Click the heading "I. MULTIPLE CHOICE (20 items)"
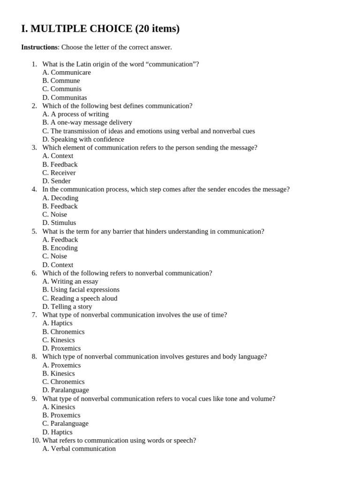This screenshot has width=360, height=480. (100, 29)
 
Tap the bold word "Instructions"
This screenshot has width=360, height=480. (39, 47)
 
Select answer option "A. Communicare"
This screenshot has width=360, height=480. (67, 73)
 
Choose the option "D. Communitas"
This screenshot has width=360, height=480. (65, 97)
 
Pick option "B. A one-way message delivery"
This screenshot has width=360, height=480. (87, 123)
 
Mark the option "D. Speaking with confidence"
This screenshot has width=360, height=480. (83, 139)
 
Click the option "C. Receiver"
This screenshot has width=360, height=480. (59, 173)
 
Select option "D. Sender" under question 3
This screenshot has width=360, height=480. (56, 181)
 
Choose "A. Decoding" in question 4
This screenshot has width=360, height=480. (60, 198)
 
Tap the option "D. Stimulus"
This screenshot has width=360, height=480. (59, 223)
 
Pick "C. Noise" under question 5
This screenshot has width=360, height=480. (54, 256)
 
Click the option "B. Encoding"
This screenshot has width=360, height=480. (60, 248)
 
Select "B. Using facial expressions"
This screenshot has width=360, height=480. (81, 290)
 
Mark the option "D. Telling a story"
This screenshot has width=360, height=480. (67, 307)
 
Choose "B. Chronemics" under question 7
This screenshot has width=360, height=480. (63, 332)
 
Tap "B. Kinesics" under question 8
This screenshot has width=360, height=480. (59, 374)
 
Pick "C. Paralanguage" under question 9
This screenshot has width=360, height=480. (65, 424)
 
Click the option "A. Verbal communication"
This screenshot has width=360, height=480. (79, 449)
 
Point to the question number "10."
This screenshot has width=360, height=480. (36, 441)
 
